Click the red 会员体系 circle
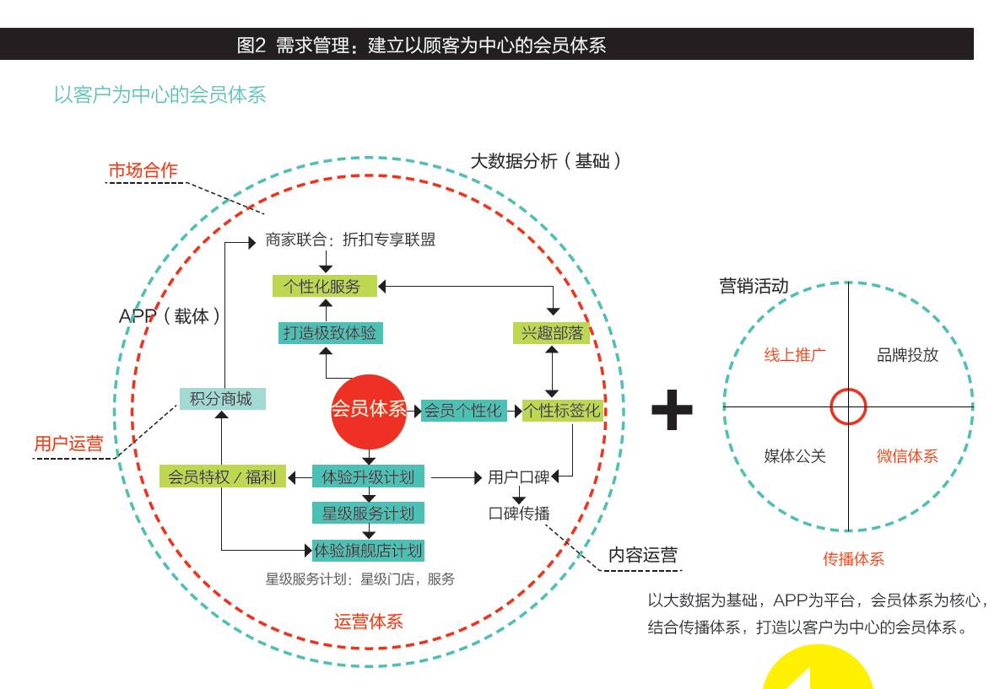pyautogui.click(x=369, y=412)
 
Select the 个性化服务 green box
pyautogui.click(x=324, y=286)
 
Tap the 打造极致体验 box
pyautogui.click(x=331, y=333)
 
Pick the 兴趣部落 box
pyautogui.click(x=552, y=333)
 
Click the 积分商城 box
pyautogui.click(x=222, y=399)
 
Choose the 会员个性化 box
pyautogui.click(x=463, y=411)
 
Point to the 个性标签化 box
pyautogui.click(x=563, y=411)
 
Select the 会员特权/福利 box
pyautogui.click(x=223, y=476)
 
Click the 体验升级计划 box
pyautogui.click(x=369, y=476)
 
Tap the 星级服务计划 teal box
pyautogui.click(x=369, y=513)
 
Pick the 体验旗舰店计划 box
pyautogui.click(x=369, y=551)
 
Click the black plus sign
pyautogui.click(x=672, y=410)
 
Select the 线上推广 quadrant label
pyautogui.click(x=795, y=355)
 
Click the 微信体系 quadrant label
pyautogui.click(x=907, y=455)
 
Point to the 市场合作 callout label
pyautogui.click(x=143, y=170)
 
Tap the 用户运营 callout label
pyautogui.click(x=68, y=444)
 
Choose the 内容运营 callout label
pyautogui.click(x=643, y=555)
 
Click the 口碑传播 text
pyautogui.click(x=519, y=514)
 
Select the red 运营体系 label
pyautogui.click(x=369, y=622)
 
